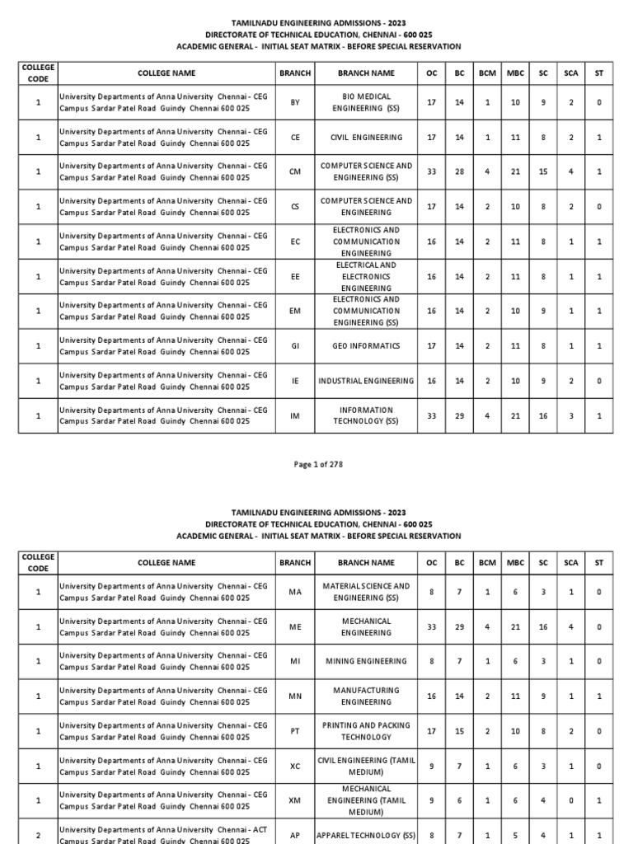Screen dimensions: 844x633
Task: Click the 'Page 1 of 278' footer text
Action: tap(318, 464)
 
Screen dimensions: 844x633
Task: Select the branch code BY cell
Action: tap(295, 102)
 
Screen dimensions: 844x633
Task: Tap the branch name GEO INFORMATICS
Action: tap(365, 346)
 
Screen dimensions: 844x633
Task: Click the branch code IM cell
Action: tap(295, 416)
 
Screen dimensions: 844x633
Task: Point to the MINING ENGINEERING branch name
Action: tap(365, 661)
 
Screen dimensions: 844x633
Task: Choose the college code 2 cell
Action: tap(38, 835)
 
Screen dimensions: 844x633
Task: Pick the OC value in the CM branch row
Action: tap(431, 171)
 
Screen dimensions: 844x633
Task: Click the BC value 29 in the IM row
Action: tap(459, 416)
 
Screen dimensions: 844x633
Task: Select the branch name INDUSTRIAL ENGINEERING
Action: tap(365, 381)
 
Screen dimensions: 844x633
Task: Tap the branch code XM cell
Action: tap(295, 800)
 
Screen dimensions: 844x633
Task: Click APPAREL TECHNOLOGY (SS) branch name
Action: tap(365, 835)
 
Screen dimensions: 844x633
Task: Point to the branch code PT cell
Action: tap(295, 731)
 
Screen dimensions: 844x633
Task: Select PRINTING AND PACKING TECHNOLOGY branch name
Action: tap(365, 731)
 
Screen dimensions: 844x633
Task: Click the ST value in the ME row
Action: tap(599, 626)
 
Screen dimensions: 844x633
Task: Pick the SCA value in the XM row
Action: tap(571, 800)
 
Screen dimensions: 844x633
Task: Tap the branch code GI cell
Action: tap(295, 346)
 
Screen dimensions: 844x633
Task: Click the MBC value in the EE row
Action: tap(515, 277)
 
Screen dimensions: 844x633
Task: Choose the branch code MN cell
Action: tap(295, 696)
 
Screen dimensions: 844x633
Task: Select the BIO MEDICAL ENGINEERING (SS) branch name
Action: tap(365, 102)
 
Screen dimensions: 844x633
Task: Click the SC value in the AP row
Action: tap(543, 835)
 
